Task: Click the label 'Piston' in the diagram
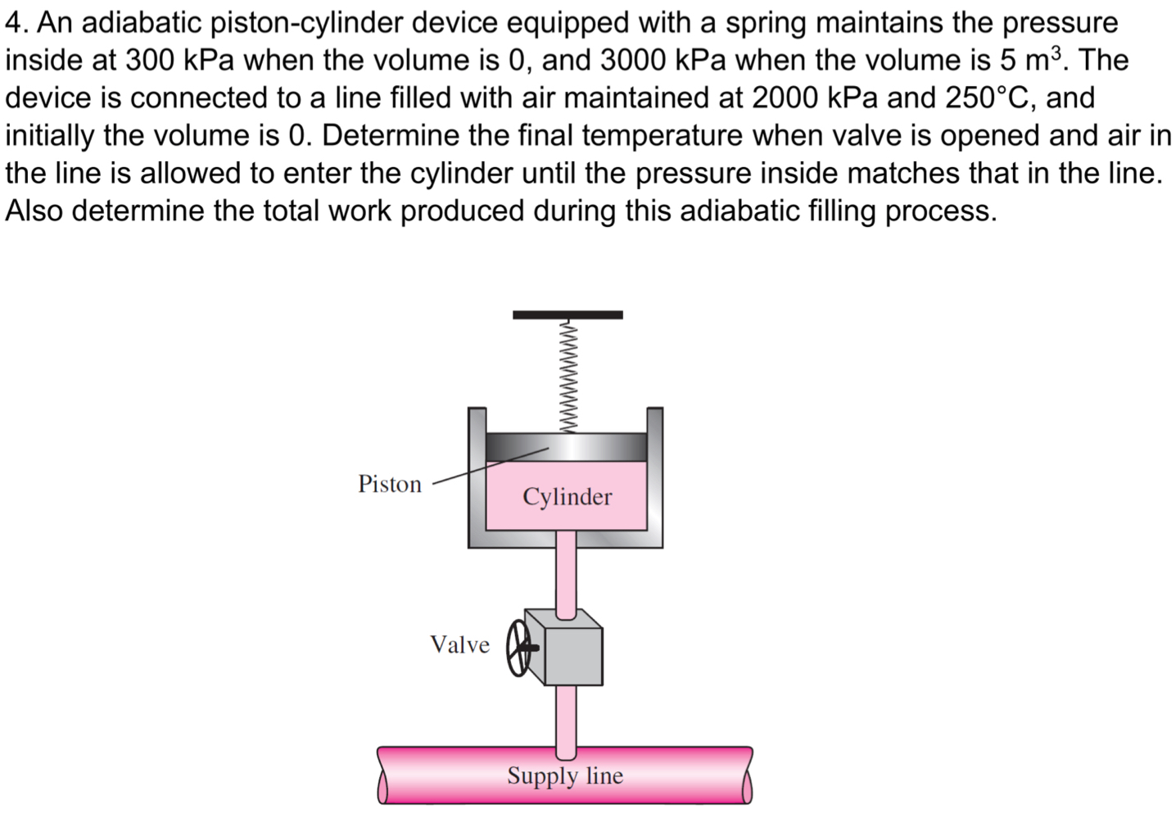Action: tap(390, 484)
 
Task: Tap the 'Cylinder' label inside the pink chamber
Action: tap(567, 496)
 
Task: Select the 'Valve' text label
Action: tap(459, 644)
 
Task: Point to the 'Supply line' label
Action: tap(564, 775)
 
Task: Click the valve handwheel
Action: tap(518, 648)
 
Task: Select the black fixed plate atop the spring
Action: tap(568, 314)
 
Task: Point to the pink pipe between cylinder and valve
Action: tap(567, 573)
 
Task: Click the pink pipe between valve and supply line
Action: tap(567, 716)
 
